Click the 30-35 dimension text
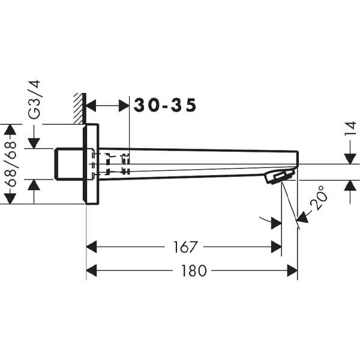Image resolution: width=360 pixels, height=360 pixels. (164, 106)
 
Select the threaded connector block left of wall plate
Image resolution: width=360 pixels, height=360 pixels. (68, 164)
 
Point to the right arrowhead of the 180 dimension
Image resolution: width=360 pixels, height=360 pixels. (292, 271)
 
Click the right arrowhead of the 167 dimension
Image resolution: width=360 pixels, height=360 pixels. (276, 247)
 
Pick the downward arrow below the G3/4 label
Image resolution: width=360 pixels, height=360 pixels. (34, 142)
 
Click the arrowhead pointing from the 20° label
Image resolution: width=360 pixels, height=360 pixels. (301, 222)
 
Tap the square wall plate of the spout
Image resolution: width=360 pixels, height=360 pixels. (92, 164)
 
